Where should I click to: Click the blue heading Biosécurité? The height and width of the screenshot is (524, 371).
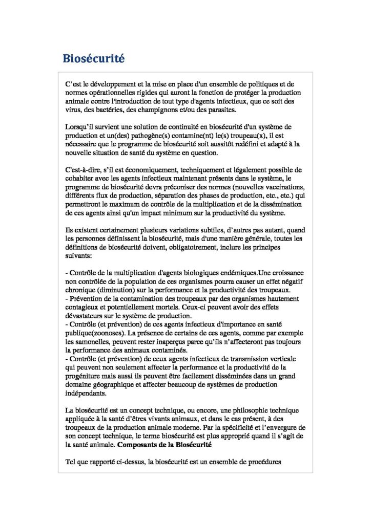click(93, 58)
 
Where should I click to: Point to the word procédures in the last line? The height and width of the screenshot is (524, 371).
click(260, 463)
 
